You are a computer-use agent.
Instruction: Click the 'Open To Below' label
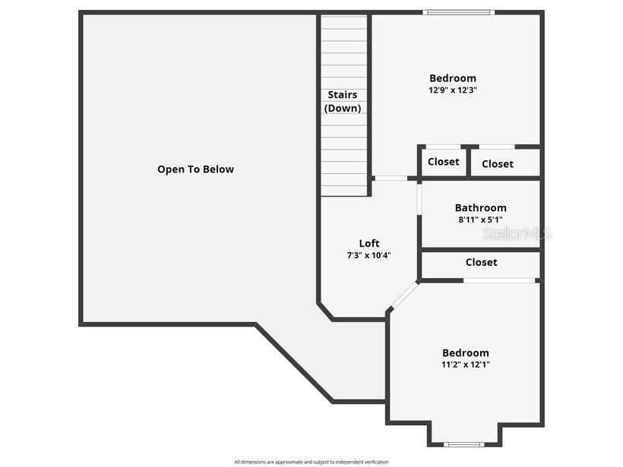(195, 169)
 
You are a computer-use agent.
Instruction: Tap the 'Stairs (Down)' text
(343, 102)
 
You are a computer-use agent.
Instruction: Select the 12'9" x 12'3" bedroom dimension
(452, 90)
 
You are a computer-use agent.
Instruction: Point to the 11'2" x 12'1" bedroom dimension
(466, 364)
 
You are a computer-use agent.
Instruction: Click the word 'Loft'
(369, 244)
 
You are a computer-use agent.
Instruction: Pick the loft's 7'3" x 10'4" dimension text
(369, 256)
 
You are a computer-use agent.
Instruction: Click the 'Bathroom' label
(480, 208)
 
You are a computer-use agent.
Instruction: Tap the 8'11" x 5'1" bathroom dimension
(480, 220)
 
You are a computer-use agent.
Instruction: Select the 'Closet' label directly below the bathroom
(481, 263)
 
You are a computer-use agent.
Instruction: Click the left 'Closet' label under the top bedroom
(443, 162)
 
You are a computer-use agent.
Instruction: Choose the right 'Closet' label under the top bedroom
(497, 164)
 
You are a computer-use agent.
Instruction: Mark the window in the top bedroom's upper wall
(459, 12)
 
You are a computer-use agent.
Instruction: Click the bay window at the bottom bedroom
(463, 444)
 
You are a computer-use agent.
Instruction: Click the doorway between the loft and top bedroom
(391, 178)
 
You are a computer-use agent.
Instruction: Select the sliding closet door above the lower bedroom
(501, 280)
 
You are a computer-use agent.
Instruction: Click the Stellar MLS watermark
(517, 234)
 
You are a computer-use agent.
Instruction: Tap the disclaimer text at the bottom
(311, 462)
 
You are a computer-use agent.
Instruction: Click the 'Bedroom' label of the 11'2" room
(466, 353)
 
